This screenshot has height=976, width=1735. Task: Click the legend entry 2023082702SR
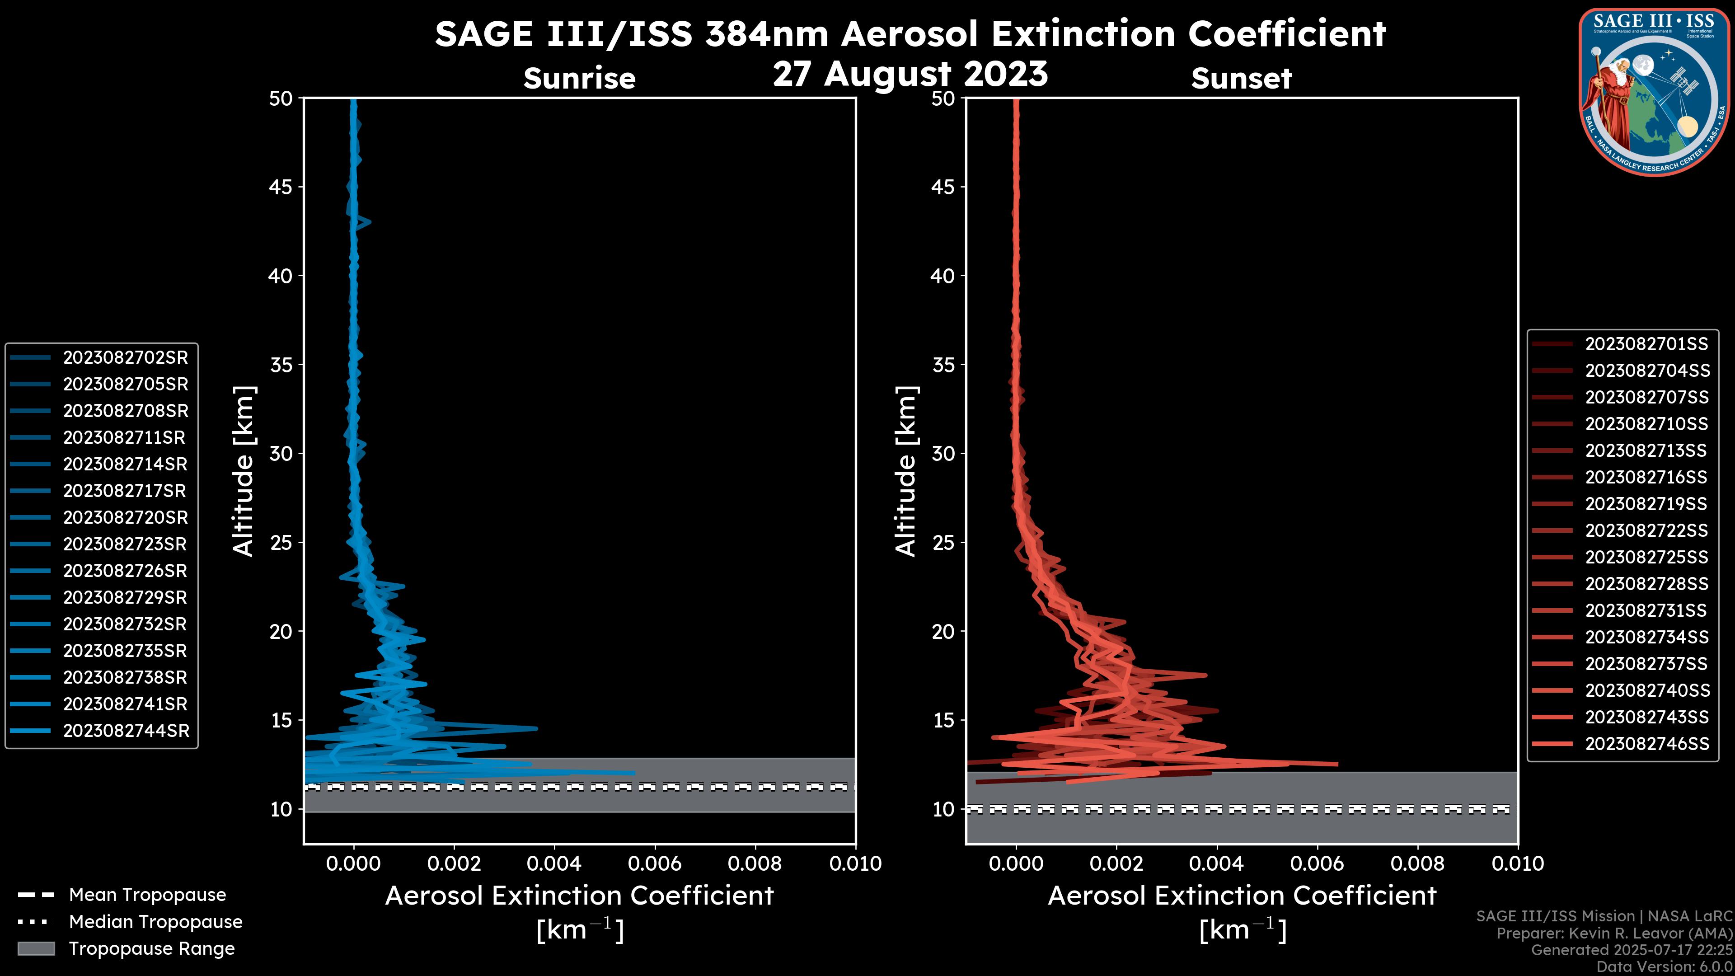click(x=125, y=358)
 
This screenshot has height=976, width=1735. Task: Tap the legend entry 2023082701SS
click(x=1646, y=344)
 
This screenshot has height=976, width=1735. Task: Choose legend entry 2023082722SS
click(x=1646, y=531)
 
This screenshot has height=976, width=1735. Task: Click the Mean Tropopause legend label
click(x=147, y=895)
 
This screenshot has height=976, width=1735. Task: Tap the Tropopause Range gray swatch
click(x=36, y=948)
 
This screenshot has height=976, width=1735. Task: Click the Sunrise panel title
click(x=579, y=79)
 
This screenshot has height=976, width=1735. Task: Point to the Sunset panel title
click(x=1241, y=79)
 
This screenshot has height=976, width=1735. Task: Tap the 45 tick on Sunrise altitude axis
click(x=281, y=187)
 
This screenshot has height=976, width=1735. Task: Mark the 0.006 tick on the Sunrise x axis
click(x=655, y=863)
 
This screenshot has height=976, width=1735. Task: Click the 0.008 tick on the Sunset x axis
click(x=1418, y=863)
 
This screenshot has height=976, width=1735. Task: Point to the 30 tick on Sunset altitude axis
click(x=943, y=453)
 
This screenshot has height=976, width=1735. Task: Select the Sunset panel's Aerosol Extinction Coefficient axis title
click(x=1242, y=896)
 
